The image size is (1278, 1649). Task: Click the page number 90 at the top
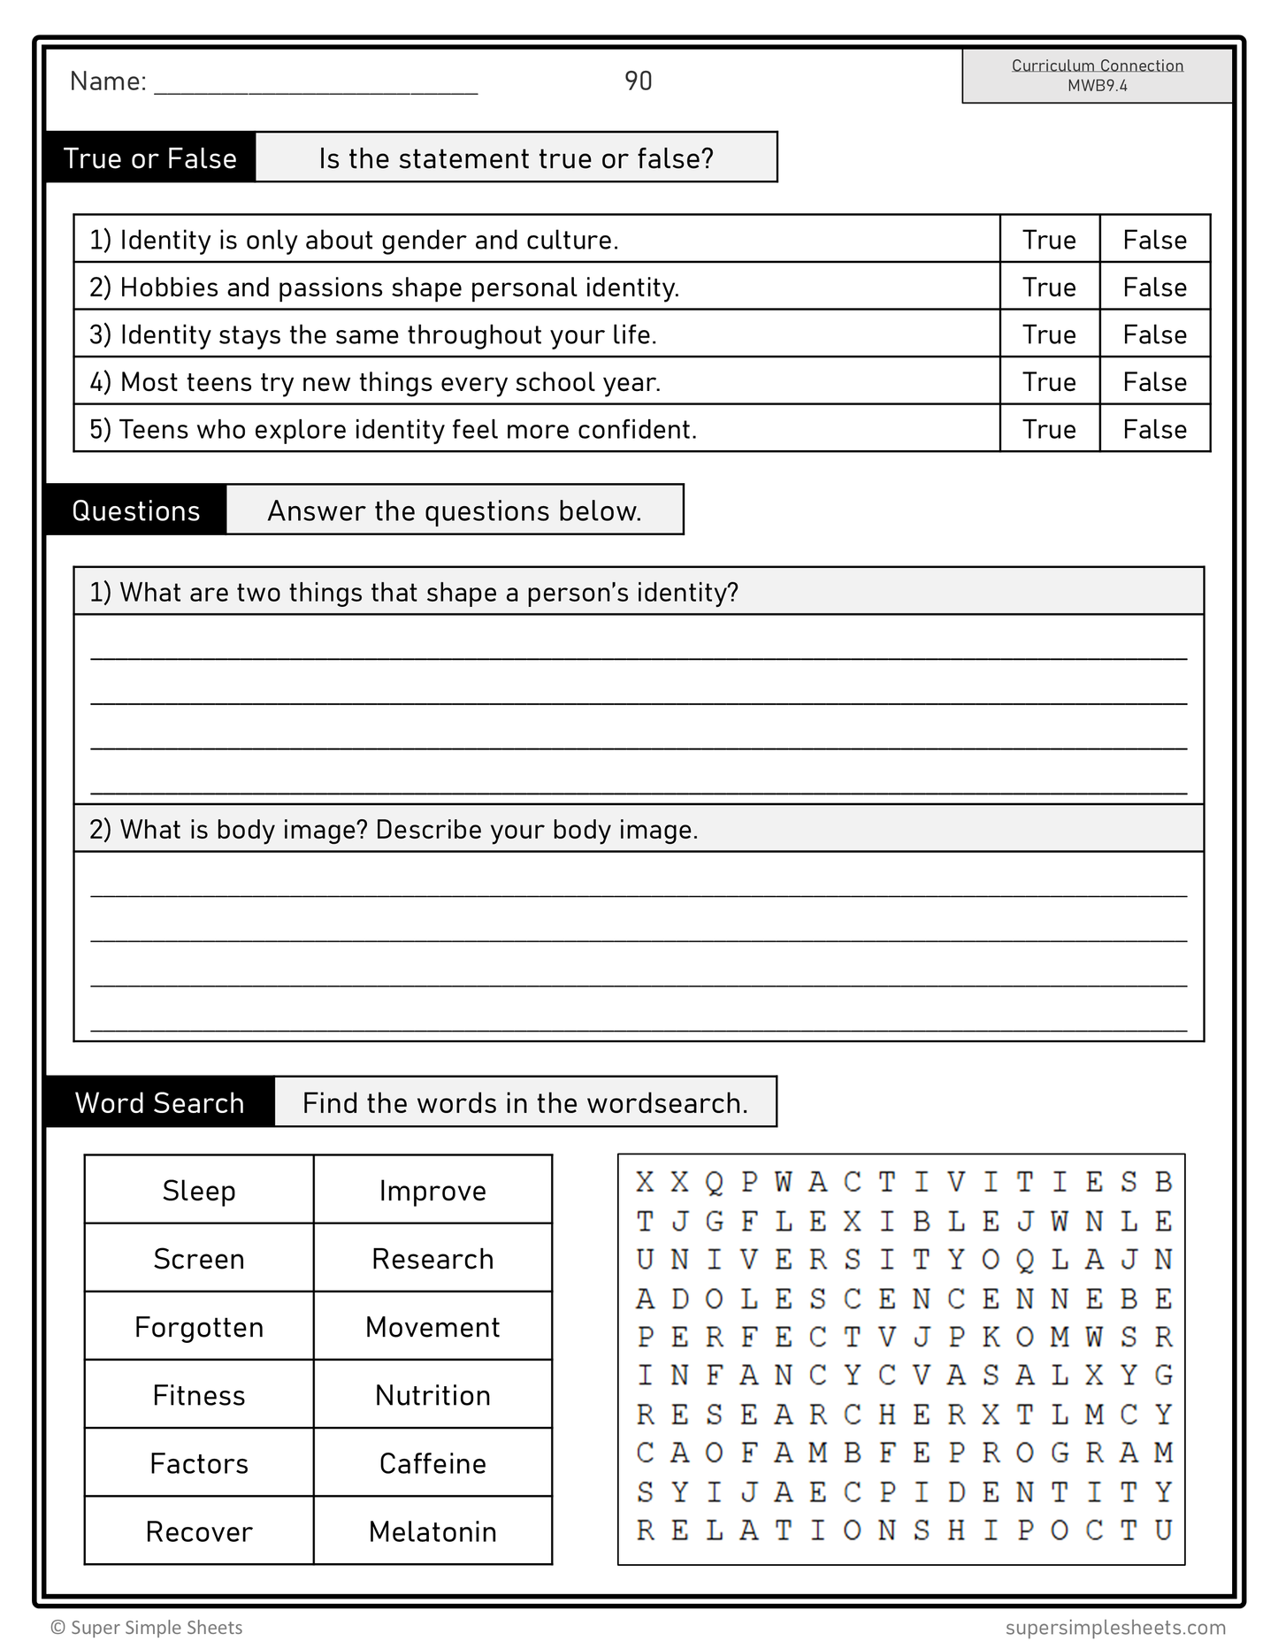[638, 81]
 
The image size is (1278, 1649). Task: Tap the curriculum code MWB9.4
[1097, 86]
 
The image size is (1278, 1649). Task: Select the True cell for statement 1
[1049, 240]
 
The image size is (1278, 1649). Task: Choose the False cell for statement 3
[1154, 334]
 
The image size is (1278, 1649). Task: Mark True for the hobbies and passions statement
[1049, 288]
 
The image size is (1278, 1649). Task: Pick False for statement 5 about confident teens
[1154, 429]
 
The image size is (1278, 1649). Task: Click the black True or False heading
[150, 158]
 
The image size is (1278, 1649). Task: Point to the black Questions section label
[136, 510]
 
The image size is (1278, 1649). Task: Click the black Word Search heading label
[159, 1102]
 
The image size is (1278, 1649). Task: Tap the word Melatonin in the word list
[432, 1531]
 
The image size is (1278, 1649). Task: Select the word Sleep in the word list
[199, 1191]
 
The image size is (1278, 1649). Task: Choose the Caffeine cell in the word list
[432, 1463]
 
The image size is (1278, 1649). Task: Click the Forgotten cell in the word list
[199, 1327]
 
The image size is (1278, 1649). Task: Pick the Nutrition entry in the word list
[432, 1395]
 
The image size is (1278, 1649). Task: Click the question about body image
[394, 830]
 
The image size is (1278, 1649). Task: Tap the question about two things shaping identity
[413, 593]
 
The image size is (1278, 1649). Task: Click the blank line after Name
[316, 85]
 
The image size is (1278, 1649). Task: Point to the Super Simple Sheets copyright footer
[147, 1628]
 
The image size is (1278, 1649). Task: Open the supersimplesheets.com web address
[1115, 1628]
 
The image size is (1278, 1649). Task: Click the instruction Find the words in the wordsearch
[525, 1102]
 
